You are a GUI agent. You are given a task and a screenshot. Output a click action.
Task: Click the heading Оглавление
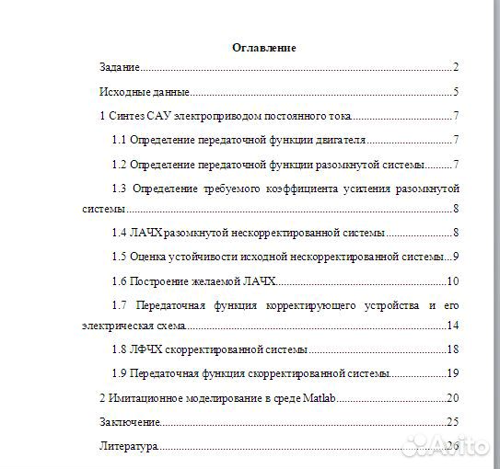[263, 48]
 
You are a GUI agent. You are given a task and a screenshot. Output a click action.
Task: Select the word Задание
[119, 68]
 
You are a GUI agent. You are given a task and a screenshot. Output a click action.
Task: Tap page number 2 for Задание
[456, 68]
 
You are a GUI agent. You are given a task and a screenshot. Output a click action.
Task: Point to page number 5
[456, 92]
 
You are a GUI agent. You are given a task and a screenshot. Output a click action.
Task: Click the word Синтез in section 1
[126, 116]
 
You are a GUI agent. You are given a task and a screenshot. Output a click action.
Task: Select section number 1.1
[119, 140]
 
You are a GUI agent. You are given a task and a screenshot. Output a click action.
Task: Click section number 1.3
[119, 188]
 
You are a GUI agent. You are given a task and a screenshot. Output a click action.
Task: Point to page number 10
[452, 280]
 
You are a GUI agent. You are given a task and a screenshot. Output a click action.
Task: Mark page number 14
[452, 326]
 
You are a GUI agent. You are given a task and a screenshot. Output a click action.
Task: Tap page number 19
[452, 373]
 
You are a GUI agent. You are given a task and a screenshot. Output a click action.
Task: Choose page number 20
[452, 397]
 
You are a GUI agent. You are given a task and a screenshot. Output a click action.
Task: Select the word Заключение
[130, 421]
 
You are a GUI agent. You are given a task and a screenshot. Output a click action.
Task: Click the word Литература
[128, 446]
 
